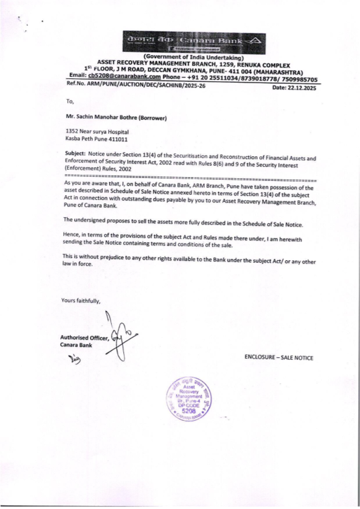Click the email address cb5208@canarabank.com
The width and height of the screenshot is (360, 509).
124,76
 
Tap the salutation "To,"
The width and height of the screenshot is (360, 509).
70,101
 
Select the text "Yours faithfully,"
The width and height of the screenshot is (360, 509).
81,301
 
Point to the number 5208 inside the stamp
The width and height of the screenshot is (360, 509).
189,411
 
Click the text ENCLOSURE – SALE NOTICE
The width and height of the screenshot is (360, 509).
279,358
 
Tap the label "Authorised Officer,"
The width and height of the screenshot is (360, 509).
84,338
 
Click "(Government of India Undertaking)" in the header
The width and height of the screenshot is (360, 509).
194,57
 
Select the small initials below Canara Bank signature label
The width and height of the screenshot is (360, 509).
75,359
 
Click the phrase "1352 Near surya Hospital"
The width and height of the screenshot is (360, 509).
97,132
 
